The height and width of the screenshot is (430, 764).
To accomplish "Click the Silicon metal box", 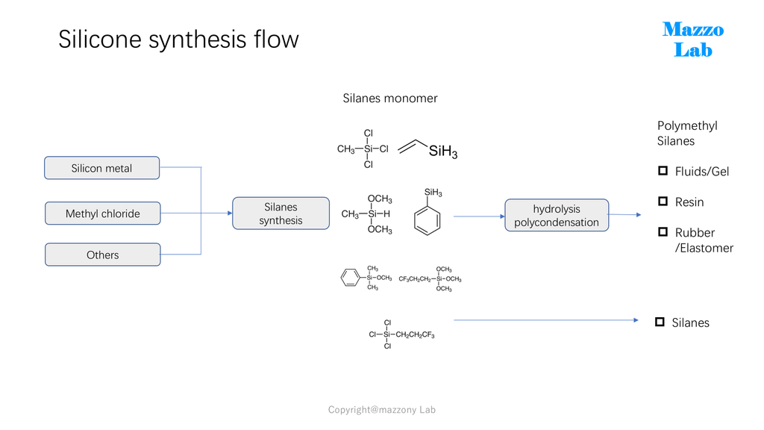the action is click(101, 168).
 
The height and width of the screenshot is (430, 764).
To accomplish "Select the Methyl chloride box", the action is click(103, 213).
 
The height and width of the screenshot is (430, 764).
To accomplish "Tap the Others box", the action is click(103, 255).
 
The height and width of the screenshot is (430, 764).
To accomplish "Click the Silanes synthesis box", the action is click(281, 213).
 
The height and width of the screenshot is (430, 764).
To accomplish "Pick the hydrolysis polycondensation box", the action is click(557, 215).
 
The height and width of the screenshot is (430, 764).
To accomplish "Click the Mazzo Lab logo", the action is click(693, 40).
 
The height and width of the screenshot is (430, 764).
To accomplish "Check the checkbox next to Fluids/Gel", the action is click(663, 171).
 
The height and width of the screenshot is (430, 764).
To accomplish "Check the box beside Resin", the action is click(663, 201).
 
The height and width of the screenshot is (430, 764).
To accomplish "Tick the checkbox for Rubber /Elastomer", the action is click(663, 231).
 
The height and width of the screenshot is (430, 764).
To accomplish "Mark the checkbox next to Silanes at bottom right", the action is click(660, 322).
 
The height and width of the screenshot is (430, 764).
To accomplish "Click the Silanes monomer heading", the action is click(390, 99).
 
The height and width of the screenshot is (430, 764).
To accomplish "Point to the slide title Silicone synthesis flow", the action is click(178, 40).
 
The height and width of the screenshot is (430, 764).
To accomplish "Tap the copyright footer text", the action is click(382, 410).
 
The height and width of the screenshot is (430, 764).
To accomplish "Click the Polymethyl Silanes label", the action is click(687, 133).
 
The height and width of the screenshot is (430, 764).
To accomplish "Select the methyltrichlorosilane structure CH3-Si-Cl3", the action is click(363, 149).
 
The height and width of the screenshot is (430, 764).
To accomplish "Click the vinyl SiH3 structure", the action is click(428, 149).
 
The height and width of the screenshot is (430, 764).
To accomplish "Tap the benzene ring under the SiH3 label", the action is click(428, 221).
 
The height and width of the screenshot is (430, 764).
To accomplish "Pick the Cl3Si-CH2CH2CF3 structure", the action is click(402, 334).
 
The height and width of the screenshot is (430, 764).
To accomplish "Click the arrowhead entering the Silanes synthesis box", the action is click(230, 213).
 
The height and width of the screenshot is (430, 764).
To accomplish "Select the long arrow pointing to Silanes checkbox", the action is click(546, 320).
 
